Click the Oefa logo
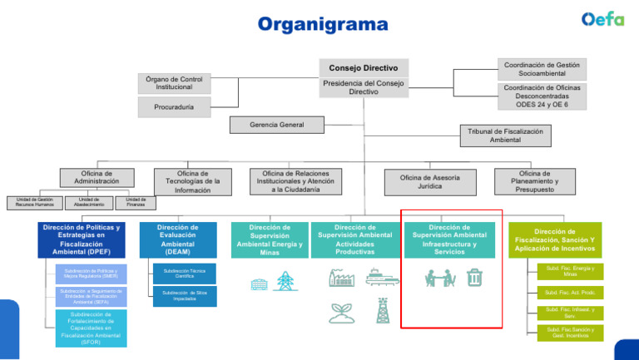[602, 19]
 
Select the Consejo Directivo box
[363, 67]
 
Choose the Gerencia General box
[277, 125]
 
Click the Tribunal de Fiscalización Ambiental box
[505, 136]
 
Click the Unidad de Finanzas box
[136, 203]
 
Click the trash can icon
[474, 277]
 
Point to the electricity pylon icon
[285, 281]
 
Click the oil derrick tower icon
[384, 312]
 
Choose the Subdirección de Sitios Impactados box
[185, 294]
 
